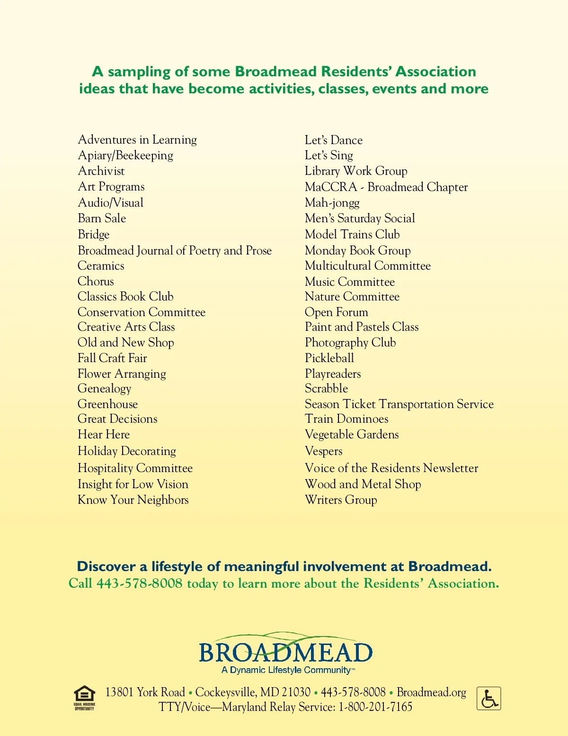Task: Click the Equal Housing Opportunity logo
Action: point(84,697)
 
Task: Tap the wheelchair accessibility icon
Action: point(488,699)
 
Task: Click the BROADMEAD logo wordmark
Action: point(285,652)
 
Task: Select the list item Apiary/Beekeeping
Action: point(125,155)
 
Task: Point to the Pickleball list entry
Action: point(329,358)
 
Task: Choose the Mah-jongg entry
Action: point(332,203)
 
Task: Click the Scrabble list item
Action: point(326,389)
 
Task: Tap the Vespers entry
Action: point(324,451)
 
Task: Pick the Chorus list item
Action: point(96,282)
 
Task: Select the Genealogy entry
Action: point(104,389)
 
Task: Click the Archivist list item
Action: point(101,171)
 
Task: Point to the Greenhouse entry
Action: point(108,404)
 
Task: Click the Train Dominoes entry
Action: point(346,419)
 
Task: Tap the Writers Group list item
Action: point(341,500)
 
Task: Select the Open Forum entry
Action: point(337,312)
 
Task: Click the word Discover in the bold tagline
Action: point(106,567)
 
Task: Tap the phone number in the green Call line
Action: point(140,583)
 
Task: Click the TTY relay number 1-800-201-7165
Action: point(375,707)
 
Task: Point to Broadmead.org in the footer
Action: point(431,692)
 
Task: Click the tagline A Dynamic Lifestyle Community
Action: point(286,670)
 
